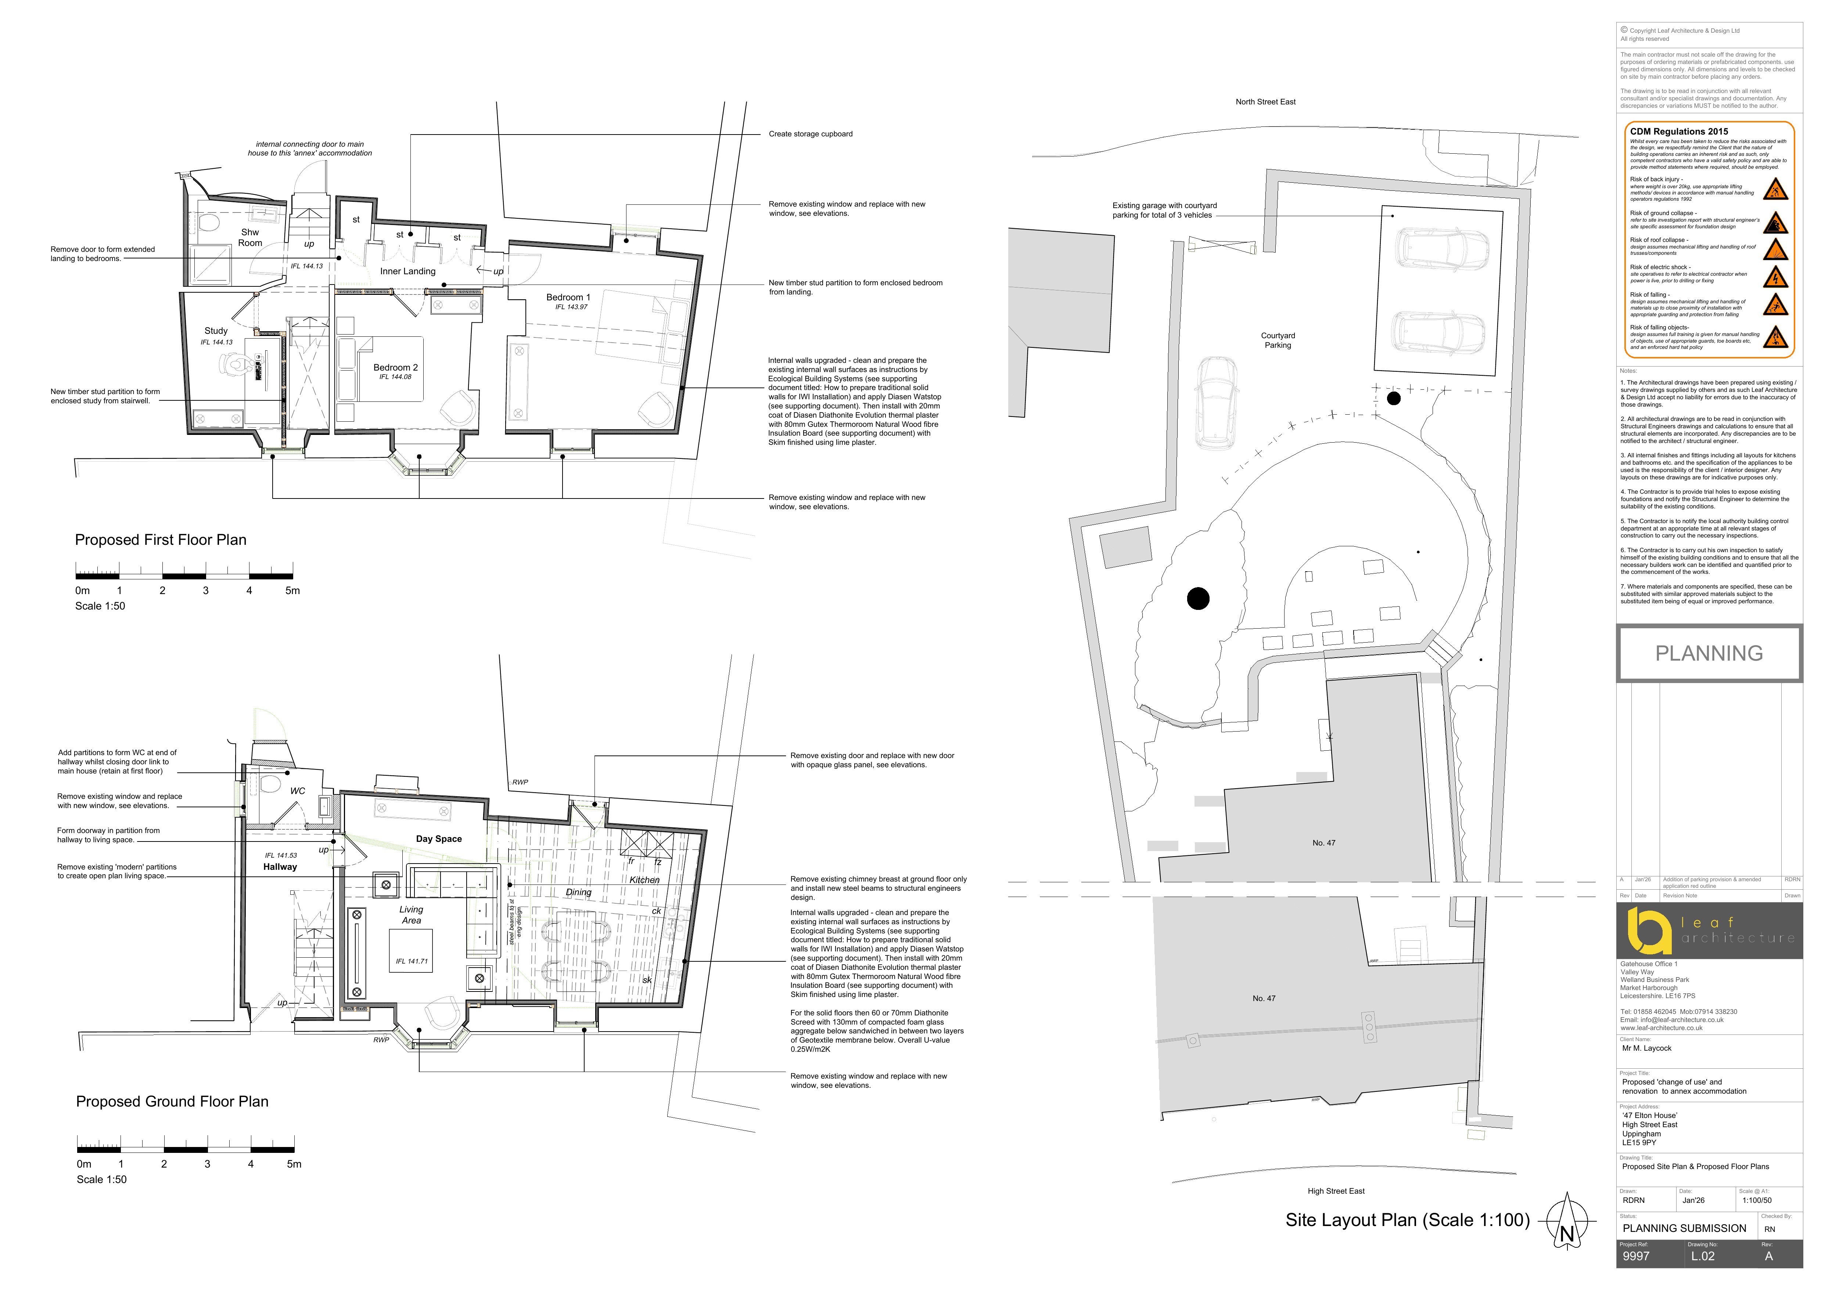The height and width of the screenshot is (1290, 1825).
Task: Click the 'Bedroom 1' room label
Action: (568, 297)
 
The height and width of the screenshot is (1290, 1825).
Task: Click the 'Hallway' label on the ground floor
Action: (280, 867)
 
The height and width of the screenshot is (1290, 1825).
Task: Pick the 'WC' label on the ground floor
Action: (297, 791)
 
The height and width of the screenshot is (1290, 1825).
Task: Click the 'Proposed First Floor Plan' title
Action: (161, 540)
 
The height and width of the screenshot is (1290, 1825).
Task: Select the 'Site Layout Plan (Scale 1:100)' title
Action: (1407, 1220)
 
